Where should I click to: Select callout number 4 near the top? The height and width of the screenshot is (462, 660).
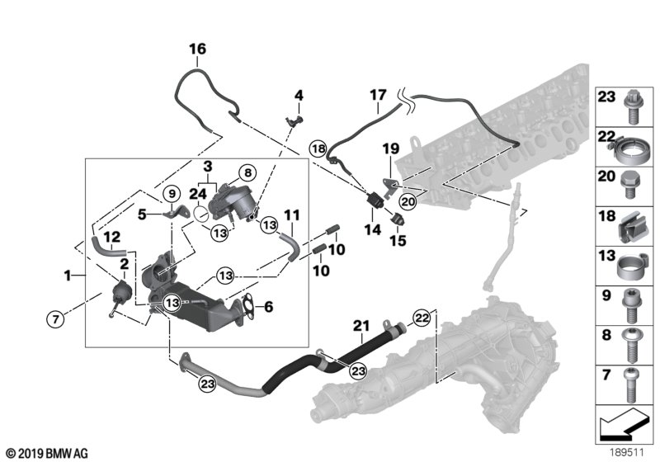tap(299, 96)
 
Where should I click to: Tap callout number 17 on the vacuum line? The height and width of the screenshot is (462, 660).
tap(377, 96)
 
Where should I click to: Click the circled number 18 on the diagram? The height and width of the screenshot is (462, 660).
tap(318, 149)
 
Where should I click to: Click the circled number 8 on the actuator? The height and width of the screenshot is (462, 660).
tap(247, 174)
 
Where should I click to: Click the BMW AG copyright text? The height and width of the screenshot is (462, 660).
tap(45, 453)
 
